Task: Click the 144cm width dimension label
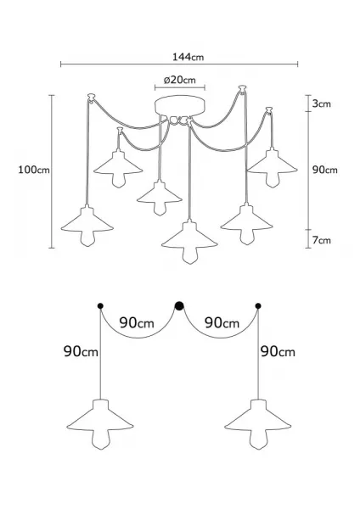188,57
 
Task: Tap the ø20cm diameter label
180,80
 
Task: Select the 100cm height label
34,170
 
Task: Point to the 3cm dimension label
321,103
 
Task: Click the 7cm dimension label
321,240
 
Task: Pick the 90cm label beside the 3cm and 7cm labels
325,170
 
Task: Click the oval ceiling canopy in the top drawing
180,106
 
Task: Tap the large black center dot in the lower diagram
179,305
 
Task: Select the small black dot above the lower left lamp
100,305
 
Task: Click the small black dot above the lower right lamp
258,305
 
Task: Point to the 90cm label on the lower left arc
137,323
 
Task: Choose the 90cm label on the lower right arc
222,323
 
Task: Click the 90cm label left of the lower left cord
81,351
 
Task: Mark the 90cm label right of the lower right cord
278,351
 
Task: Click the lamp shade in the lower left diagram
100,418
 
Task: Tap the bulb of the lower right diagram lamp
258,439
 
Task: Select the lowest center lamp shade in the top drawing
189,236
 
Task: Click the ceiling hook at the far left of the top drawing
92,98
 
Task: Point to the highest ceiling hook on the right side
242,88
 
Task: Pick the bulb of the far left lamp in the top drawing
87,238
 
